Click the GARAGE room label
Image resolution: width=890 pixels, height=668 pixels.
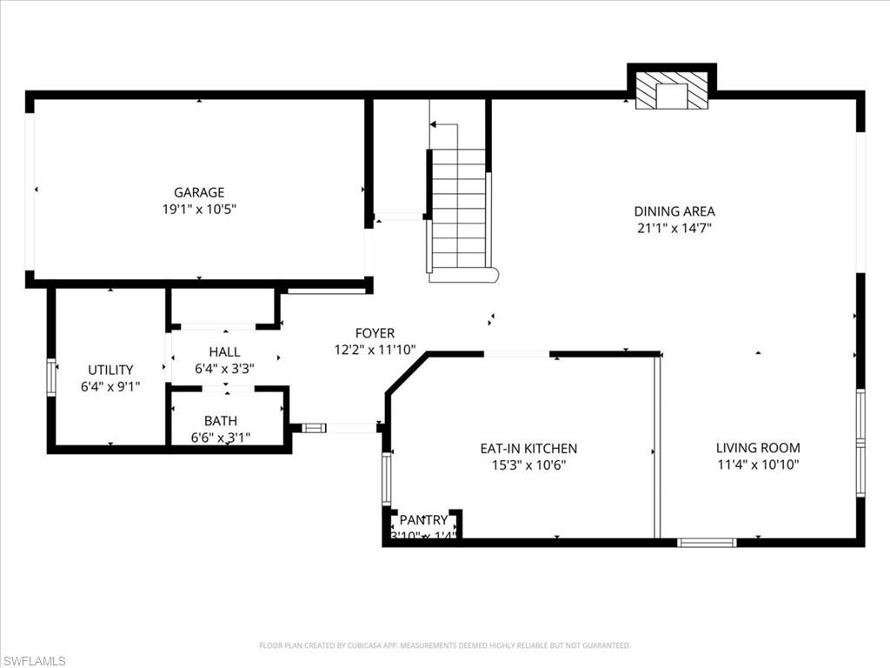click(199, 192)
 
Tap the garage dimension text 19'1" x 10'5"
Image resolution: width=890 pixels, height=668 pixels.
click(199, 209)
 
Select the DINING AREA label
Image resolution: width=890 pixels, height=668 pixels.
click(674, 211)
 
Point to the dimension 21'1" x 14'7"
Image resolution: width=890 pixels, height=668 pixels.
click(674, 228)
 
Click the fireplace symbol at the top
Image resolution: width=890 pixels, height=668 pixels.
click(671, 90)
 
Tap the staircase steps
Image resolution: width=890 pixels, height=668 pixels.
click(459, 209)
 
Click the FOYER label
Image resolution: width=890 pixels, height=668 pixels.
click(375, 333)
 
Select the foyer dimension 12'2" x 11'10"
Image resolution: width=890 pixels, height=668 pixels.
click(375, 350)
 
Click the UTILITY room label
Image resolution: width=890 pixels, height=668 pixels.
click(110, 370)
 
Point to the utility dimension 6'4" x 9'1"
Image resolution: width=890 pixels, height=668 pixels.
click(110, 386)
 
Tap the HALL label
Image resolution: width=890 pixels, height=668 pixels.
click(224, 352)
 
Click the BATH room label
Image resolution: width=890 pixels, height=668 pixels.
click(221, 422)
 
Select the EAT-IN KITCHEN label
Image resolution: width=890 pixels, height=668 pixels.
click(528, 449)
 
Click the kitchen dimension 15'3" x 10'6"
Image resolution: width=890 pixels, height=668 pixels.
click(528, 465)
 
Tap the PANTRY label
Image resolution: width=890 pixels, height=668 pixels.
click(423, 520)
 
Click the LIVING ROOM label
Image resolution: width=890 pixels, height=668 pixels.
click(758, 448)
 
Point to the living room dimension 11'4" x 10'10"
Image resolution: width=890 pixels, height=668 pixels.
click(758, 464)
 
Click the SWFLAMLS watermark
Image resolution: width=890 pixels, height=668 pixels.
click(34, 661)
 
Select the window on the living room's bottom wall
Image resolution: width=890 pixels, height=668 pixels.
click(707, 543)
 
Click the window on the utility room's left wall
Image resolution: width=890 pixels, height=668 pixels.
click(51, 377)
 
